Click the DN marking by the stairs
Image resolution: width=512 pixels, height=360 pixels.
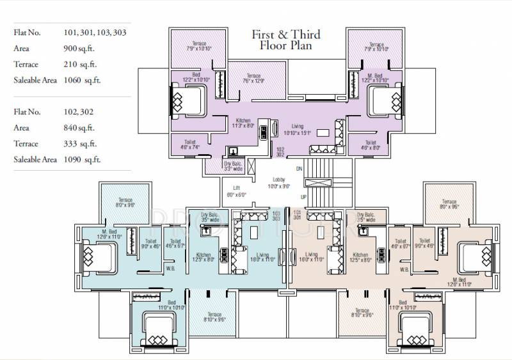(x=299, y=168)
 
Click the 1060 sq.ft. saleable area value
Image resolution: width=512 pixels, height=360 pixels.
(x=81, y=81)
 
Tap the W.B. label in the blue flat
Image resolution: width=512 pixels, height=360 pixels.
(x=170, y=269)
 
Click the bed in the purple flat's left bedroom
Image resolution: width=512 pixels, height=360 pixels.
(x=189, y=100)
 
